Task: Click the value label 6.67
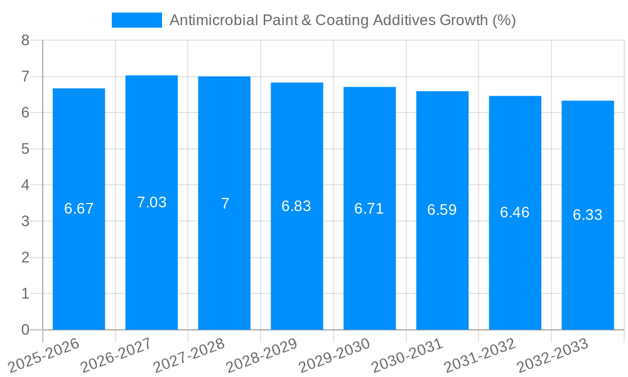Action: point(78,209)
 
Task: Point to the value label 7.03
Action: point(151,202)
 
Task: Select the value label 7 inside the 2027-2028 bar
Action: point(224,204)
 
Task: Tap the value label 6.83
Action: point(296,206)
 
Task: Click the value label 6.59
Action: point(441,210)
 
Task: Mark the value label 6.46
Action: point(514,212)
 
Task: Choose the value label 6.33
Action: point(587,215)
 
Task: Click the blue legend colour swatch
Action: point(136,20)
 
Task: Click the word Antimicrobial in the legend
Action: point(205,20)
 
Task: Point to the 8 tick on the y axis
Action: point(25,40)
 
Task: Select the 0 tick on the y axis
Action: point(25,330)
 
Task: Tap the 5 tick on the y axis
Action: point(25,149)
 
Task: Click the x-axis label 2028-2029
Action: point(262,355)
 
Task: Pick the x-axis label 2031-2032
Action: point(480,355)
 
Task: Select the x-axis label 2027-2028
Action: point(189,355)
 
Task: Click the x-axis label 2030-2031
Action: point(407,355)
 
